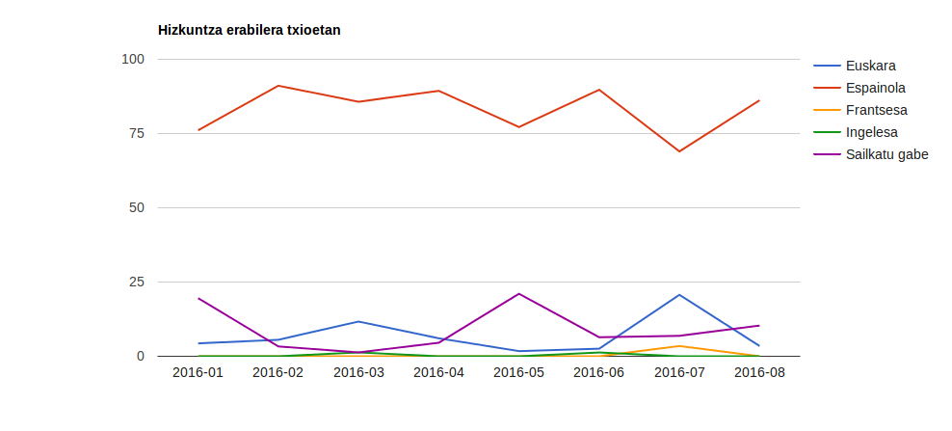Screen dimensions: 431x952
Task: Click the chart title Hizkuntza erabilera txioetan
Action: click(249, 30)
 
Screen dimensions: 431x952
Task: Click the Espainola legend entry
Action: click(875, 88)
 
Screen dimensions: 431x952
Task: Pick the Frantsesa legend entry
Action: click(876, 110)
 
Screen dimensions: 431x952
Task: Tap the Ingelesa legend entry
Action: click(872, 132)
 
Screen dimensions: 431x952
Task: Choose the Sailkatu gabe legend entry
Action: click(886, 154)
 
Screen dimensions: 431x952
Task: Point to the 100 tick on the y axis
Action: click(133, 59)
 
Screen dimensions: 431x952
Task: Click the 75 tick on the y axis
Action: click(136, 133)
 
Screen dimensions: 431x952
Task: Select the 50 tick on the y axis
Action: click(136, 207)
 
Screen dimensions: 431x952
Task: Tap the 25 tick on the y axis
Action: click(136, 282)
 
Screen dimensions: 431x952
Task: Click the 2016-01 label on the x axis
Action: click(198, 373)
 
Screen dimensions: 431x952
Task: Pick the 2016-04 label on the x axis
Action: click(438, 373)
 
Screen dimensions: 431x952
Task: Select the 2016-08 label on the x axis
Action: click(759, 373)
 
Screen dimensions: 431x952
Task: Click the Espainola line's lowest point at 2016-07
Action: click(679, 151)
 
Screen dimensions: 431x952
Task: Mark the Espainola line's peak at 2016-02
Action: click(278, 86)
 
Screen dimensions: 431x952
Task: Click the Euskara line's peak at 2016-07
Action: click(679, 295)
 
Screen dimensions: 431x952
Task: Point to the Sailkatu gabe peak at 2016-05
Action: click(518, 293)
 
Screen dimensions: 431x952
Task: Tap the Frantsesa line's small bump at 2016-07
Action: click(679, 346)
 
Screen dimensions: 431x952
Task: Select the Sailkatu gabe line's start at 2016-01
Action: click(198, 299)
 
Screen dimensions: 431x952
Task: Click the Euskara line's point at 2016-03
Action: click(358, 321)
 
